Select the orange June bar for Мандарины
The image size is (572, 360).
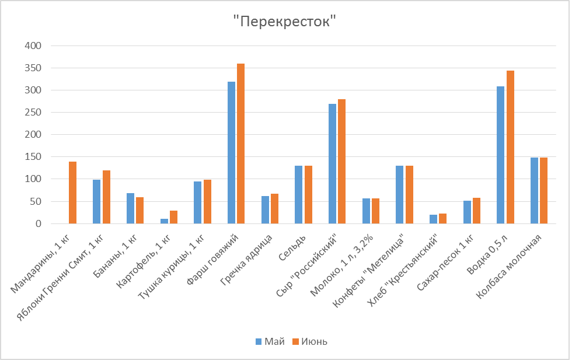73,193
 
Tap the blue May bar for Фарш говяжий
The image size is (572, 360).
232,153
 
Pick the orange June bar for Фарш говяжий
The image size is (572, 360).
241,144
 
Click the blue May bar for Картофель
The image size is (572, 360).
164,221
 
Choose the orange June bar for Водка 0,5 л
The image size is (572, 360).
511,147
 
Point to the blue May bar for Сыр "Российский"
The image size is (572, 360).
333,164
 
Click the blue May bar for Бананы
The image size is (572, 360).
130,208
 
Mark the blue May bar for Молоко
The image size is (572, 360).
366,211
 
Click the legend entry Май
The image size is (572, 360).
269,341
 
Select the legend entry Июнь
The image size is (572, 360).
309,341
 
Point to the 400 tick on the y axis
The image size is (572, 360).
34,46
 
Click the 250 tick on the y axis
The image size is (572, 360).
34,113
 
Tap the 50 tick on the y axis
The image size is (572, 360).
36,202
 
